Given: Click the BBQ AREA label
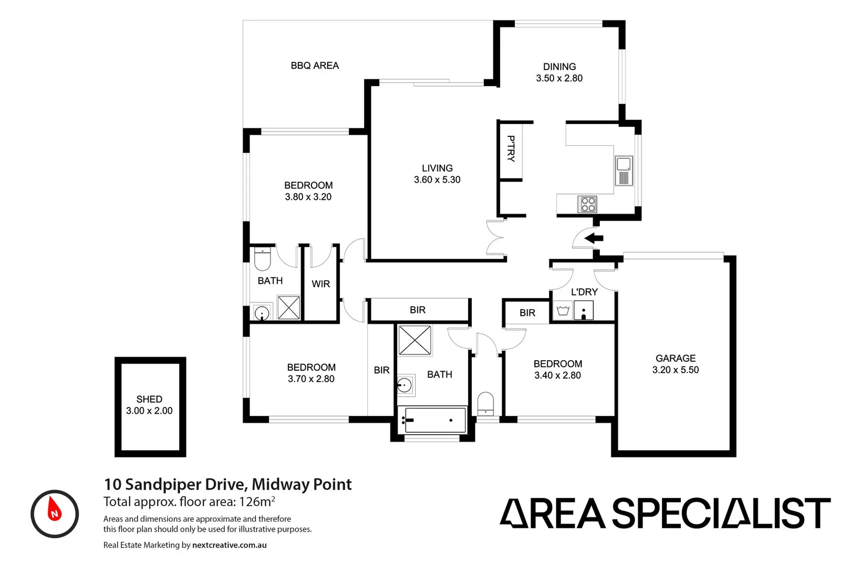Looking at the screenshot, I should tap(315, 66).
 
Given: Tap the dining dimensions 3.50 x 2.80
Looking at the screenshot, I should tap(559, 78).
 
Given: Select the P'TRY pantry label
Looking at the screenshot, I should tap(511, 149).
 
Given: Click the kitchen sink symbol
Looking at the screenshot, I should tap(624, 170).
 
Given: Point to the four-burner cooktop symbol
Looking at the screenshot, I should tap(587, 204).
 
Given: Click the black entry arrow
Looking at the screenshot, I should tap(594, 238).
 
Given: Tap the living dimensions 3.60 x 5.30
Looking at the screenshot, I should tap(437, 180).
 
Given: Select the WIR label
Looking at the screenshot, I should tap(320, 284).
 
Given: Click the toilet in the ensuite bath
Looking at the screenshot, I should tap(262, 258).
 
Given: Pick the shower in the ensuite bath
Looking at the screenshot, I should tap(288, 308).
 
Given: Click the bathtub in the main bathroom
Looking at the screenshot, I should tap(432, 420).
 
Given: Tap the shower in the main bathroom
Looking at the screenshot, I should tap(414, 340).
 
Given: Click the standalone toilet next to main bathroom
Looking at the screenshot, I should tap(485, 403).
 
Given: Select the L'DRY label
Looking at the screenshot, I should tap(584, 292).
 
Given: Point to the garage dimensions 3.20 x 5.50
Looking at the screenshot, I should tap(675, 370).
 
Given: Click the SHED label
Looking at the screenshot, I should tap(149, 399).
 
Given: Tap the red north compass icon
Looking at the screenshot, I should tap(55, 513).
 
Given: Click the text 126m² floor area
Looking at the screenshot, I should tap(257, 502).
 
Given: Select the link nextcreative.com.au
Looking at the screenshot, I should tap(229, 545).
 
